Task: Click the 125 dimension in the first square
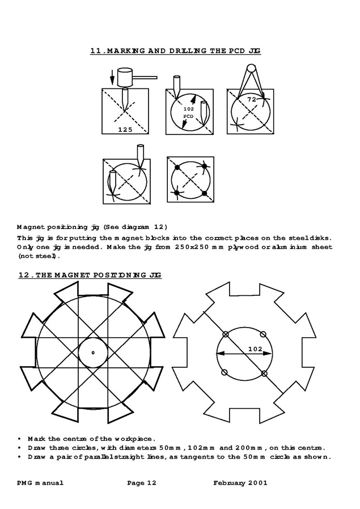(125, 129)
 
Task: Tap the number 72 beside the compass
(252, 100)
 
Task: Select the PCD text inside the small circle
(188, 116)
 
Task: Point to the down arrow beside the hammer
(112, 75)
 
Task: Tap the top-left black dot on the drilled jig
(177, 168)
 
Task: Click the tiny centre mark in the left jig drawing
(93, 353)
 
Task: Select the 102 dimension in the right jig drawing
(255, 350)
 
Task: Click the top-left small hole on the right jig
(225, 334)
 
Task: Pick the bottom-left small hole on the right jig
(225, 372)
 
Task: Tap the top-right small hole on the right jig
(264, 334)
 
